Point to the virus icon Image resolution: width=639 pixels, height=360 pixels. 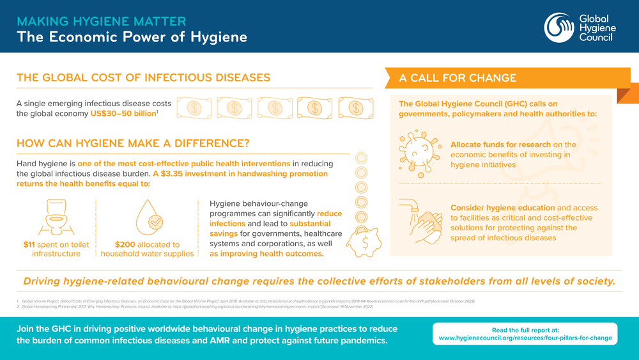pos(417,151)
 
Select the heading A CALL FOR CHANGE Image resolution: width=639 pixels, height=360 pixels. pos(458,79)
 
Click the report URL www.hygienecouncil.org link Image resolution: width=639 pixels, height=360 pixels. pos(525,338)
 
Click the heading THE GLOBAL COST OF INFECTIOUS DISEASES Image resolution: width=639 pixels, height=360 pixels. pos(143,78)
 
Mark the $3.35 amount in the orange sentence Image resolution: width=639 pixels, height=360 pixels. pos(175,174)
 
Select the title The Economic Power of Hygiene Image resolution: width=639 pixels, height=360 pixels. pos(132,36)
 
